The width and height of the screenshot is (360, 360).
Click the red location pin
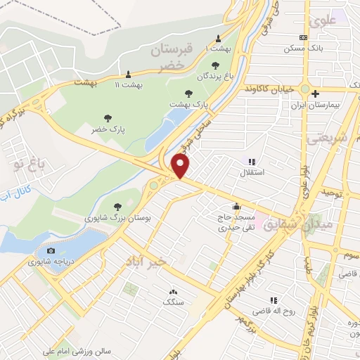pyautogui.click(x=181, y=166)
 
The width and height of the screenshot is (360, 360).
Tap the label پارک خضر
pyautogui.click(x=108, y=130)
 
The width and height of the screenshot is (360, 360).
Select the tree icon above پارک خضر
pyautogui.click(x=108, y=118)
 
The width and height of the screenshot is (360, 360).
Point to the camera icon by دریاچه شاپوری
pyautogui.click(x=50, y=251)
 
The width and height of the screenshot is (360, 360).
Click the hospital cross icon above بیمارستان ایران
pyautogui.click(x=316, y=93)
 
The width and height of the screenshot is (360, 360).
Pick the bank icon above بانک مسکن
pyautogui.click(x=302, y=37)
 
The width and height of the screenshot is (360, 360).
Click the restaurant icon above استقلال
pyautogui.click(x=252, y=162)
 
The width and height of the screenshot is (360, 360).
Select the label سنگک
pyautogui.click(x=172, y=302)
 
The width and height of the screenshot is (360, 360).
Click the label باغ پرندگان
pyautogui.click(x=214, y=75)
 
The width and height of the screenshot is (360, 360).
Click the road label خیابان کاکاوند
pyautogui.click(x=270, y=90)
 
